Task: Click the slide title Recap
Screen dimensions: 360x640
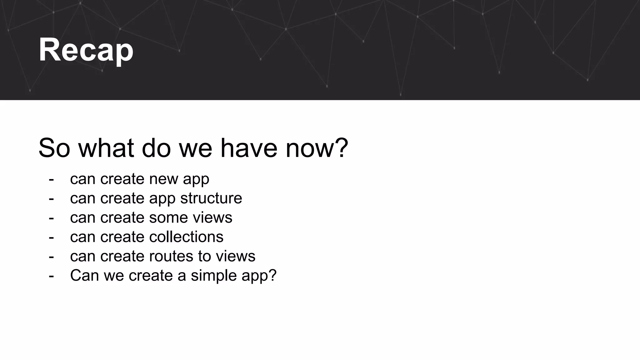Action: (x=86, y=50)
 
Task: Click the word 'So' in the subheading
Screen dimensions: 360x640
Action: (x=54, y=148)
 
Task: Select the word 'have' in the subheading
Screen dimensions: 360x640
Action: (x=249, y=148)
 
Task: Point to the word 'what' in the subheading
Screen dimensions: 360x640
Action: (x=106, y=148)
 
